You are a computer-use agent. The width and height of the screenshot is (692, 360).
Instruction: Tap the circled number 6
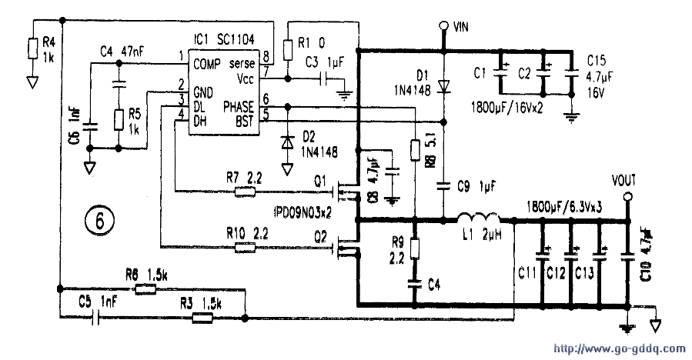99,222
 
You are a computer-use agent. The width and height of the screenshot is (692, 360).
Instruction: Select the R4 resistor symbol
32,48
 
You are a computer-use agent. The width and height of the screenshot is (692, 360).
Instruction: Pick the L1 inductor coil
476,218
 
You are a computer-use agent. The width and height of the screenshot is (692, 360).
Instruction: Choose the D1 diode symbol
444,86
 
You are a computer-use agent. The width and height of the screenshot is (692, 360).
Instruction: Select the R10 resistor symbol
245,247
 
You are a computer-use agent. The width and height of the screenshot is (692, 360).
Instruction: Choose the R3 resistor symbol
202,316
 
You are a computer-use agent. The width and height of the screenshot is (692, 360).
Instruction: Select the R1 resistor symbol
287,49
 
